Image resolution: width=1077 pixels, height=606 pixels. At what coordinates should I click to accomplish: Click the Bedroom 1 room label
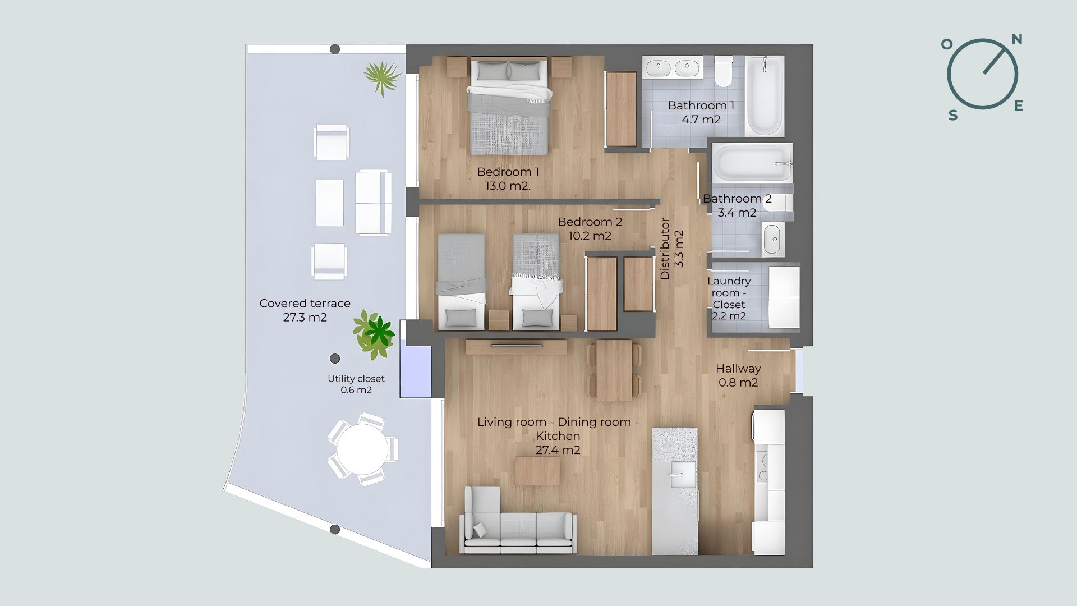tap(508, 172)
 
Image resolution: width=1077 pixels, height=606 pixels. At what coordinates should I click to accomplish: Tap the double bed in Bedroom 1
tap(509, 106)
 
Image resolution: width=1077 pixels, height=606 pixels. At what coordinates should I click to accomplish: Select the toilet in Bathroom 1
tap(724, 71)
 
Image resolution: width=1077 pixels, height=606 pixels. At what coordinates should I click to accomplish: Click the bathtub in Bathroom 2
tap(752, 162)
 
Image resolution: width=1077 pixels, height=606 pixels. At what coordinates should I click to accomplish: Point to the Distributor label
tap(665, 249)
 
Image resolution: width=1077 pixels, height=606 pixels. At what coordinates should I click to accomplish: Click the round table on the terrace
tap(362, 449)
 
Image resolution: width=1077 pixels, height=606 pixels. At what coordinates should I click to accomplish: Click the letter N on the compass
tap(1016, 39)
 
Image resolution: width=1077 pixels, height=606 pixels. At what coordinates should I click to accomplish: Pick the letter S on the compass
tap(952, 116)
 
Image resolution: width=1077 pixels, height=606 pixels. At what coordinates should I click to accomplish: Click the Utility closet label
tap(356, 379)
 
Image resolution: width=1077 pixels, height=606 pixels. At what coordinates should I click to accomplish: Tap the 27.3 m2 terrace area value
tap(305, 318)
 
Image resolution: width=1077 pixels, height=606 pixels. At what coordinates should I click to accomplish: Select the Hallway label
tap(738, 369)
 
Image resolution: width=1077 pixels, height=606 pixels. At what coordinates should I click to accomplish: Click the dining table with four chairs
tap(614, 370)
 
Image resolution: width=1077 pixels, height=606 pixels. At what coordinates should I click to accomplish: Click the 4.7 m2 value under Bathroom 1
tap(701, 120)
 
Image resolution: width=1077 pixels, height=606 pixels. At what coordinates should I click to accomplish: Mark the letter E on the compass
tap(1018, 106)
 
